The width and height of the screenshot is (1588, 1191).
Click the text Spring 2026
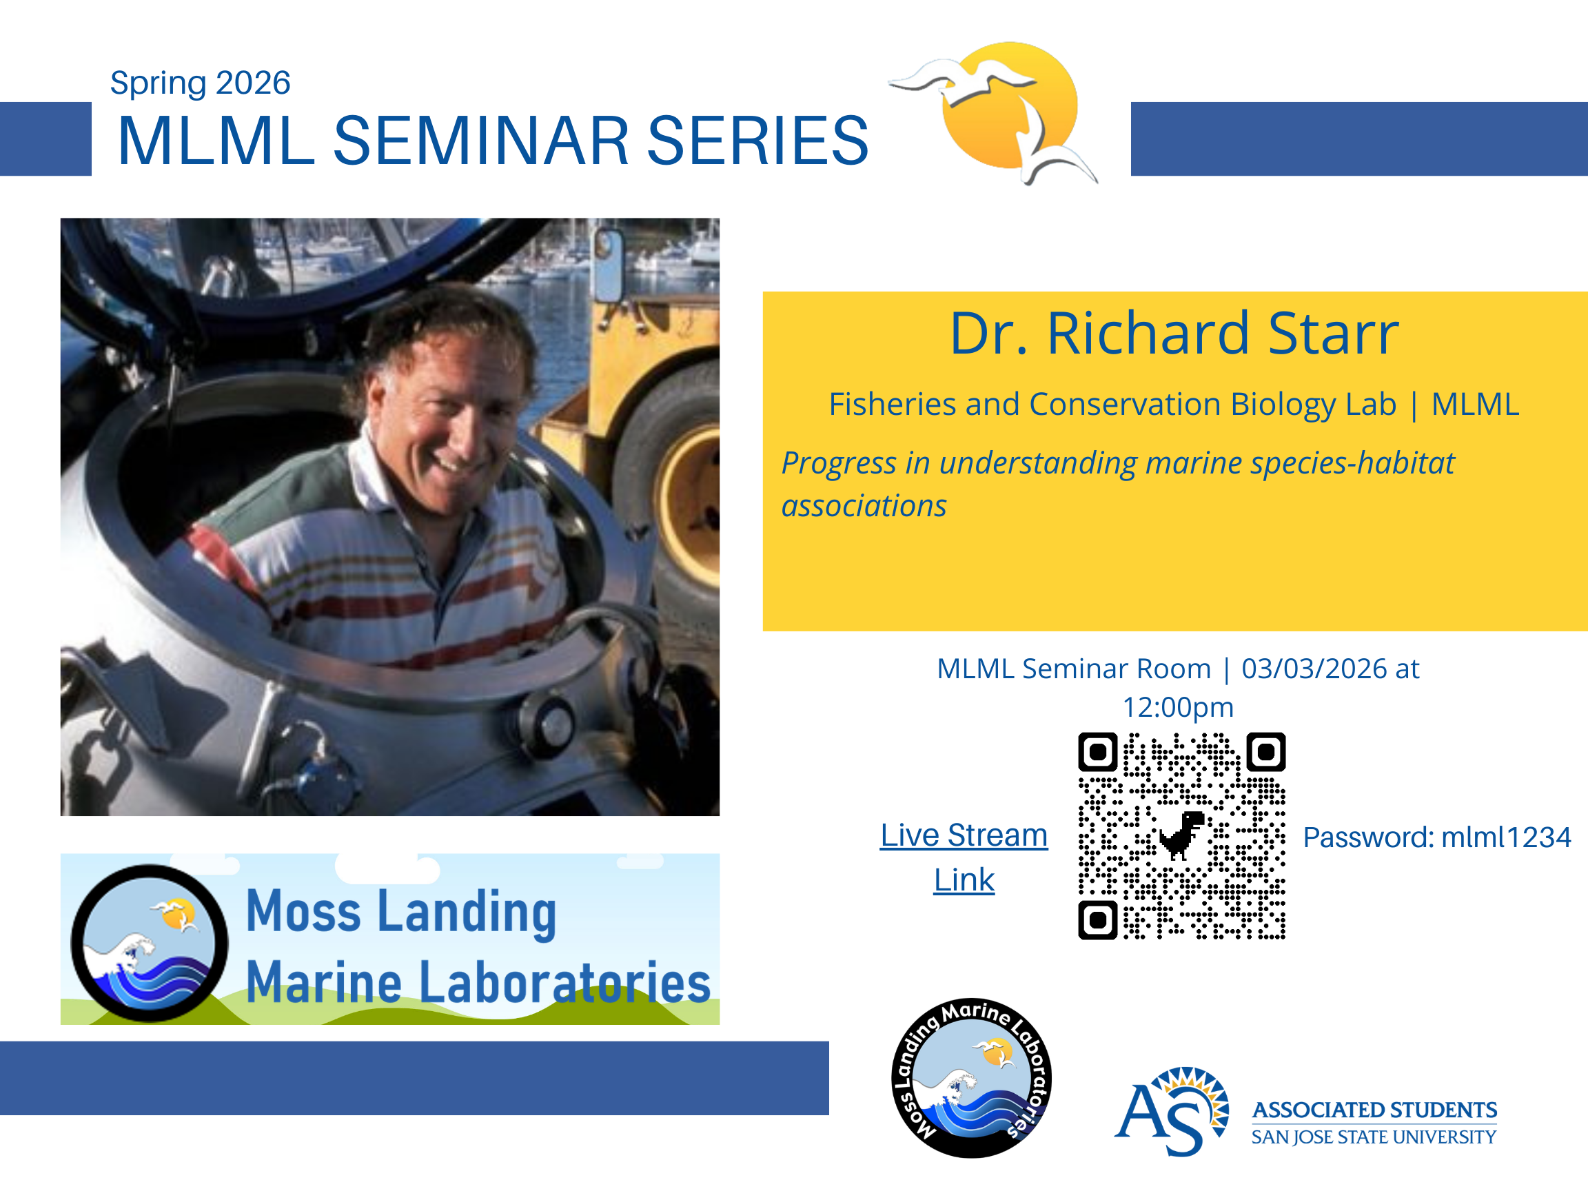tap(200, 83)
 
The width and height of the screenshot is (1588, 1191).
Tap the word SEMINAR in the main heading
tap(482, 141)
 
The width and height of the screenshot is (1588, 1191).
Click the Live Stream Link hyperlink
tap(964, 857)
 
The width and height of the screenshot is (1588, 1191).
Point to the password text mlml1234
tap(1506, 837)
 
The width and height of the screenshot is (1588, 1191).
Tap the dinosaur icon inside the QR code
tap(1181, 835)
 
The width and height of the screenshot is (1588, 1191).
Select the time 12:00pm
tap(1178, 708)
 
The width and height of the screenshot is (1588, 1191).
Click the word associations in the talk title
tap(864, 506)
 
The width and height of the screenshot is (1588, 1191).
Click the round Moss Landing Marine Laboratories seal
tap(971, 1077)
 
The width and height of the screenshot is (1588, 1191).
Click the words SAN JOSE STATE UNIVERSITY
tap(1374, 1137)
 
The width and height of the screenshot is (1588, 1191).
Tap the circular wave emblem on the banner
tap(150, 943)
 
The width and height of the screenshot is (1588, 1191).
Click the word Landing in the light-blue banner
tap(467, 913)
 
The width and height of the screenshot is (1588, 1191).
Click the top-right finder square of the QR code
tap(1265, 752)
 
